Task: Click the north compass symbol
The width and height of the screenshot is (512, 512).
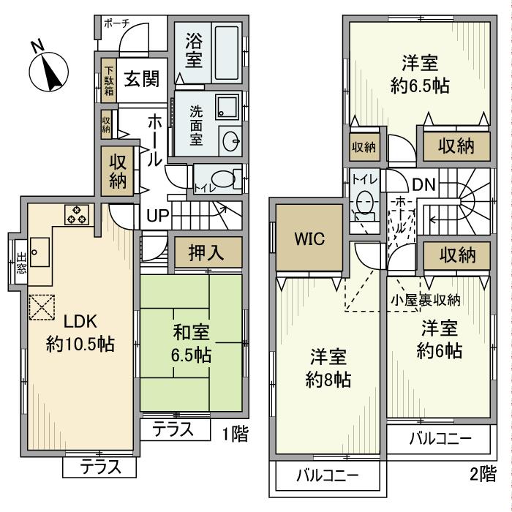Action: pyautogui.click(x=48, y=72)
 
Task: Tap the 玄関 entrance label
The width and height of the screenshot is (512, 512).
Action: pyautogui.click(x=140, y=80)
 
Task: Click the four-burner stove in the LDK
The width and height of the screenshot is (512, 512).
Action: pyautogui.click(x=77, y=215)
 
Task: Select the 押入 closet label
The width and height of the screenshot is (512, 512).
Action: pyautogui.click(x=206, y=252)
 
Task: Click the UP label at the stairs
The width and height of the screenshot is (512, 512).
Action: pyautogui.click(x=157, y=216)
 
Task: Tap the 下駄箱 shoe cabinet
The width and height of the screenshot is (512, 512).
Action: pyautogui.click(x=108, y=81)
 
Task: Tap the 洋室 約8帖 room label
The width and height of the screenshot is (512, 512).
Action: pyautogui.click(x=327, y=367)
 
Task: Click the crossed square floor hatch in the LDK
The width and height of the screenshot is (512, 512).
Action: pyautogui.click(x=42, y=306)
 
